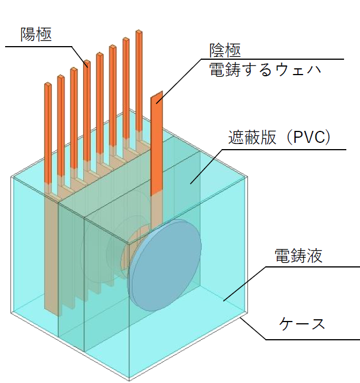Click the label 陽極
[x=36, y=35]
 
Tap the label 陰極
[x=225, y=50]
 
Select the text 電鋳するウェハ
[x=265, y=69]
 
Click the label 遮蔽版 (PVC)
[x=279, y=137]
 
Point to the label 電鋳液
[x=298, y=256]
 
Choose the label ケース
[x=302, y=324]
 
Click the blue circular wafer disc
[x=164, y=265]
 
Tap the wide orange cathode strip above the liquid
[x=157, y=143]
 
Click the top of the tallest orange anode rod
[x=138, y=32]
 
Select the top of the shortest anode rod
[x=48, y=85]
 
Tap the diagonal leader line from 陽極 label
[x=80, y=57]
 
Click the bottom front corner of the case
[x=129, y=380]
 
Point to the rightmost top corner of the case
[x=247, y=176]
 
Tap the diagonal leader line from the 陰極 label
[x=179, y=81]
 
